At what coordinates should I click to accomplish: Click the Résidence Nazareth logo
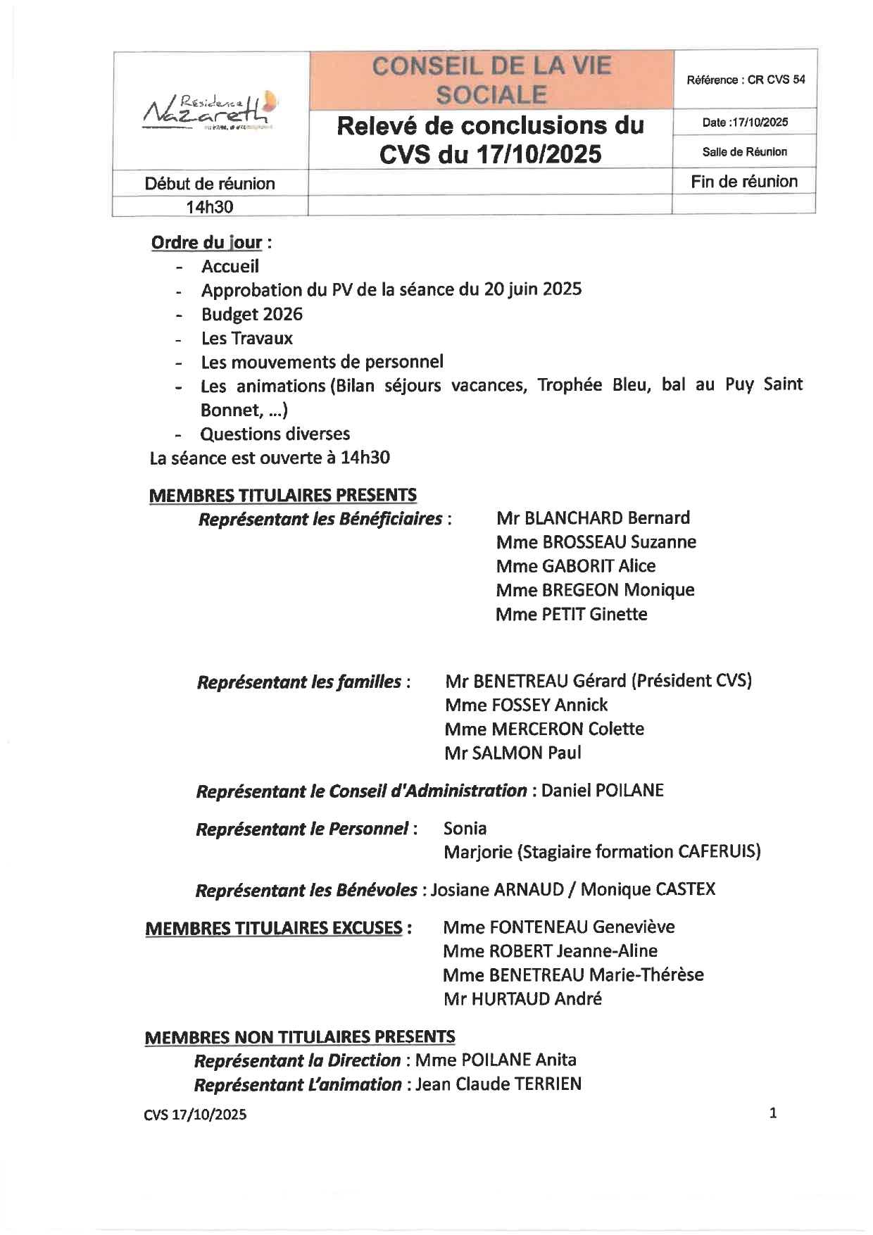[x=210, y=110]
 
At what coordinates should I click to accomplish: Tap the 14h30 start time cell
[x=210, y=207]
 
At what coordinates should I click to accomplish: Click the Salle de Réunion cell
[x=744, y=152]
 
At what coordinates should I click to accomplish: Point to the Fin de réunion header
[x=744, y=182]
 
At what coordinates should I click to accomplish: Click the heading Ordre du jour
[x=206, y=243]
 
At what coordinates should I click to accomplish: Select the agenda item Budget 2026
[x=251, y=314]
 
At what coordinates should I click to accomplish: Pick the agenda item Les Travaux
[x=246, y=338]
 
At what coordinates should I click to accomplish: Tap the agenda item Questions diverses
[x=275, y=434]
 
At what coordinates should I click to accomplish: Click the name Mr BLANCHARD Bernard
[x=593, y=518]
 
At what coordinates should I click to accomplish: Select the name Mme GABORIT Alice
[x=575, y=566]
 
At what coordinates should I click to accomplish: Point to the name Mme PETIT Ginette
[x=571, y=614]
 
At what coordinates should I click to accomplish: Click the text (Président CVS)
[x=691, y=681]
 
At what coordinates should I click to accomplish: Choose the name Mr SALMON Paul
[x=513, y=753]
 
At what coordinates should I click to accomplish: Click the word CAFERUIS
[x=718, y=852]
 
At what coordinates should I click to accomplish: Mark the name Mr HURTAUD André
[x=522, y=998]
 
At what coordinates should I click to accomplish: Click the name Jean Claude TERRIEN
[x=498, y=1084]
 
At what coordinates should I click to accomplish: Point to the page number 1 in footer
[x=773, y=1113]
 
